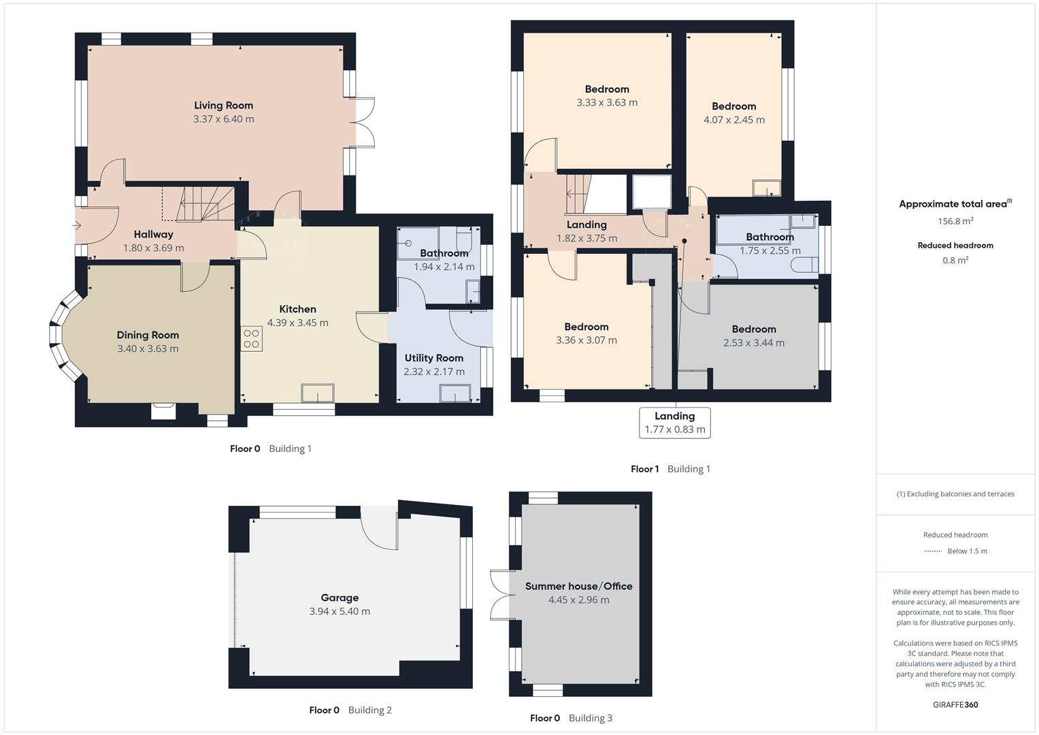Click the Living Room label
[223, 105]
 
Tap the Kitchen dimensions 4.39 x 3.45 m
[297, 323]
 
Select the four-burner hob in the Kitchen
[251, 339]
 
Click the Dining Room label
[148, 335]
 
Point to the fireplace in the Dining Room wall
[163, 410]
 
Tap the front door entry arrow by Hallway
[78, 226]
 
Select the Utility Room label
[433, 358]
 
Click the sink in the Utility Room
[455, 394]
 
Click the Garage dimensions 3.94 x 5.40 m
[340, 611]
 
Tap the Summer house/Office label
[578, 586]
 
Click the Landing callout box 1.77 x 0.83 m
[674, 423]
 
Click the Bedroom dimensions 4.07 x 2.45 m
[733, 120]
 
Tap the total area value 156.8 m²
[955, 221]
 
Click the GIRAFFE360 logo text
[955, 704]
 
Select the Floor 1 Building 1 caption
[670, 469]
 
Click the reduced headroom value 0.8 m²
[955, 260]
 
